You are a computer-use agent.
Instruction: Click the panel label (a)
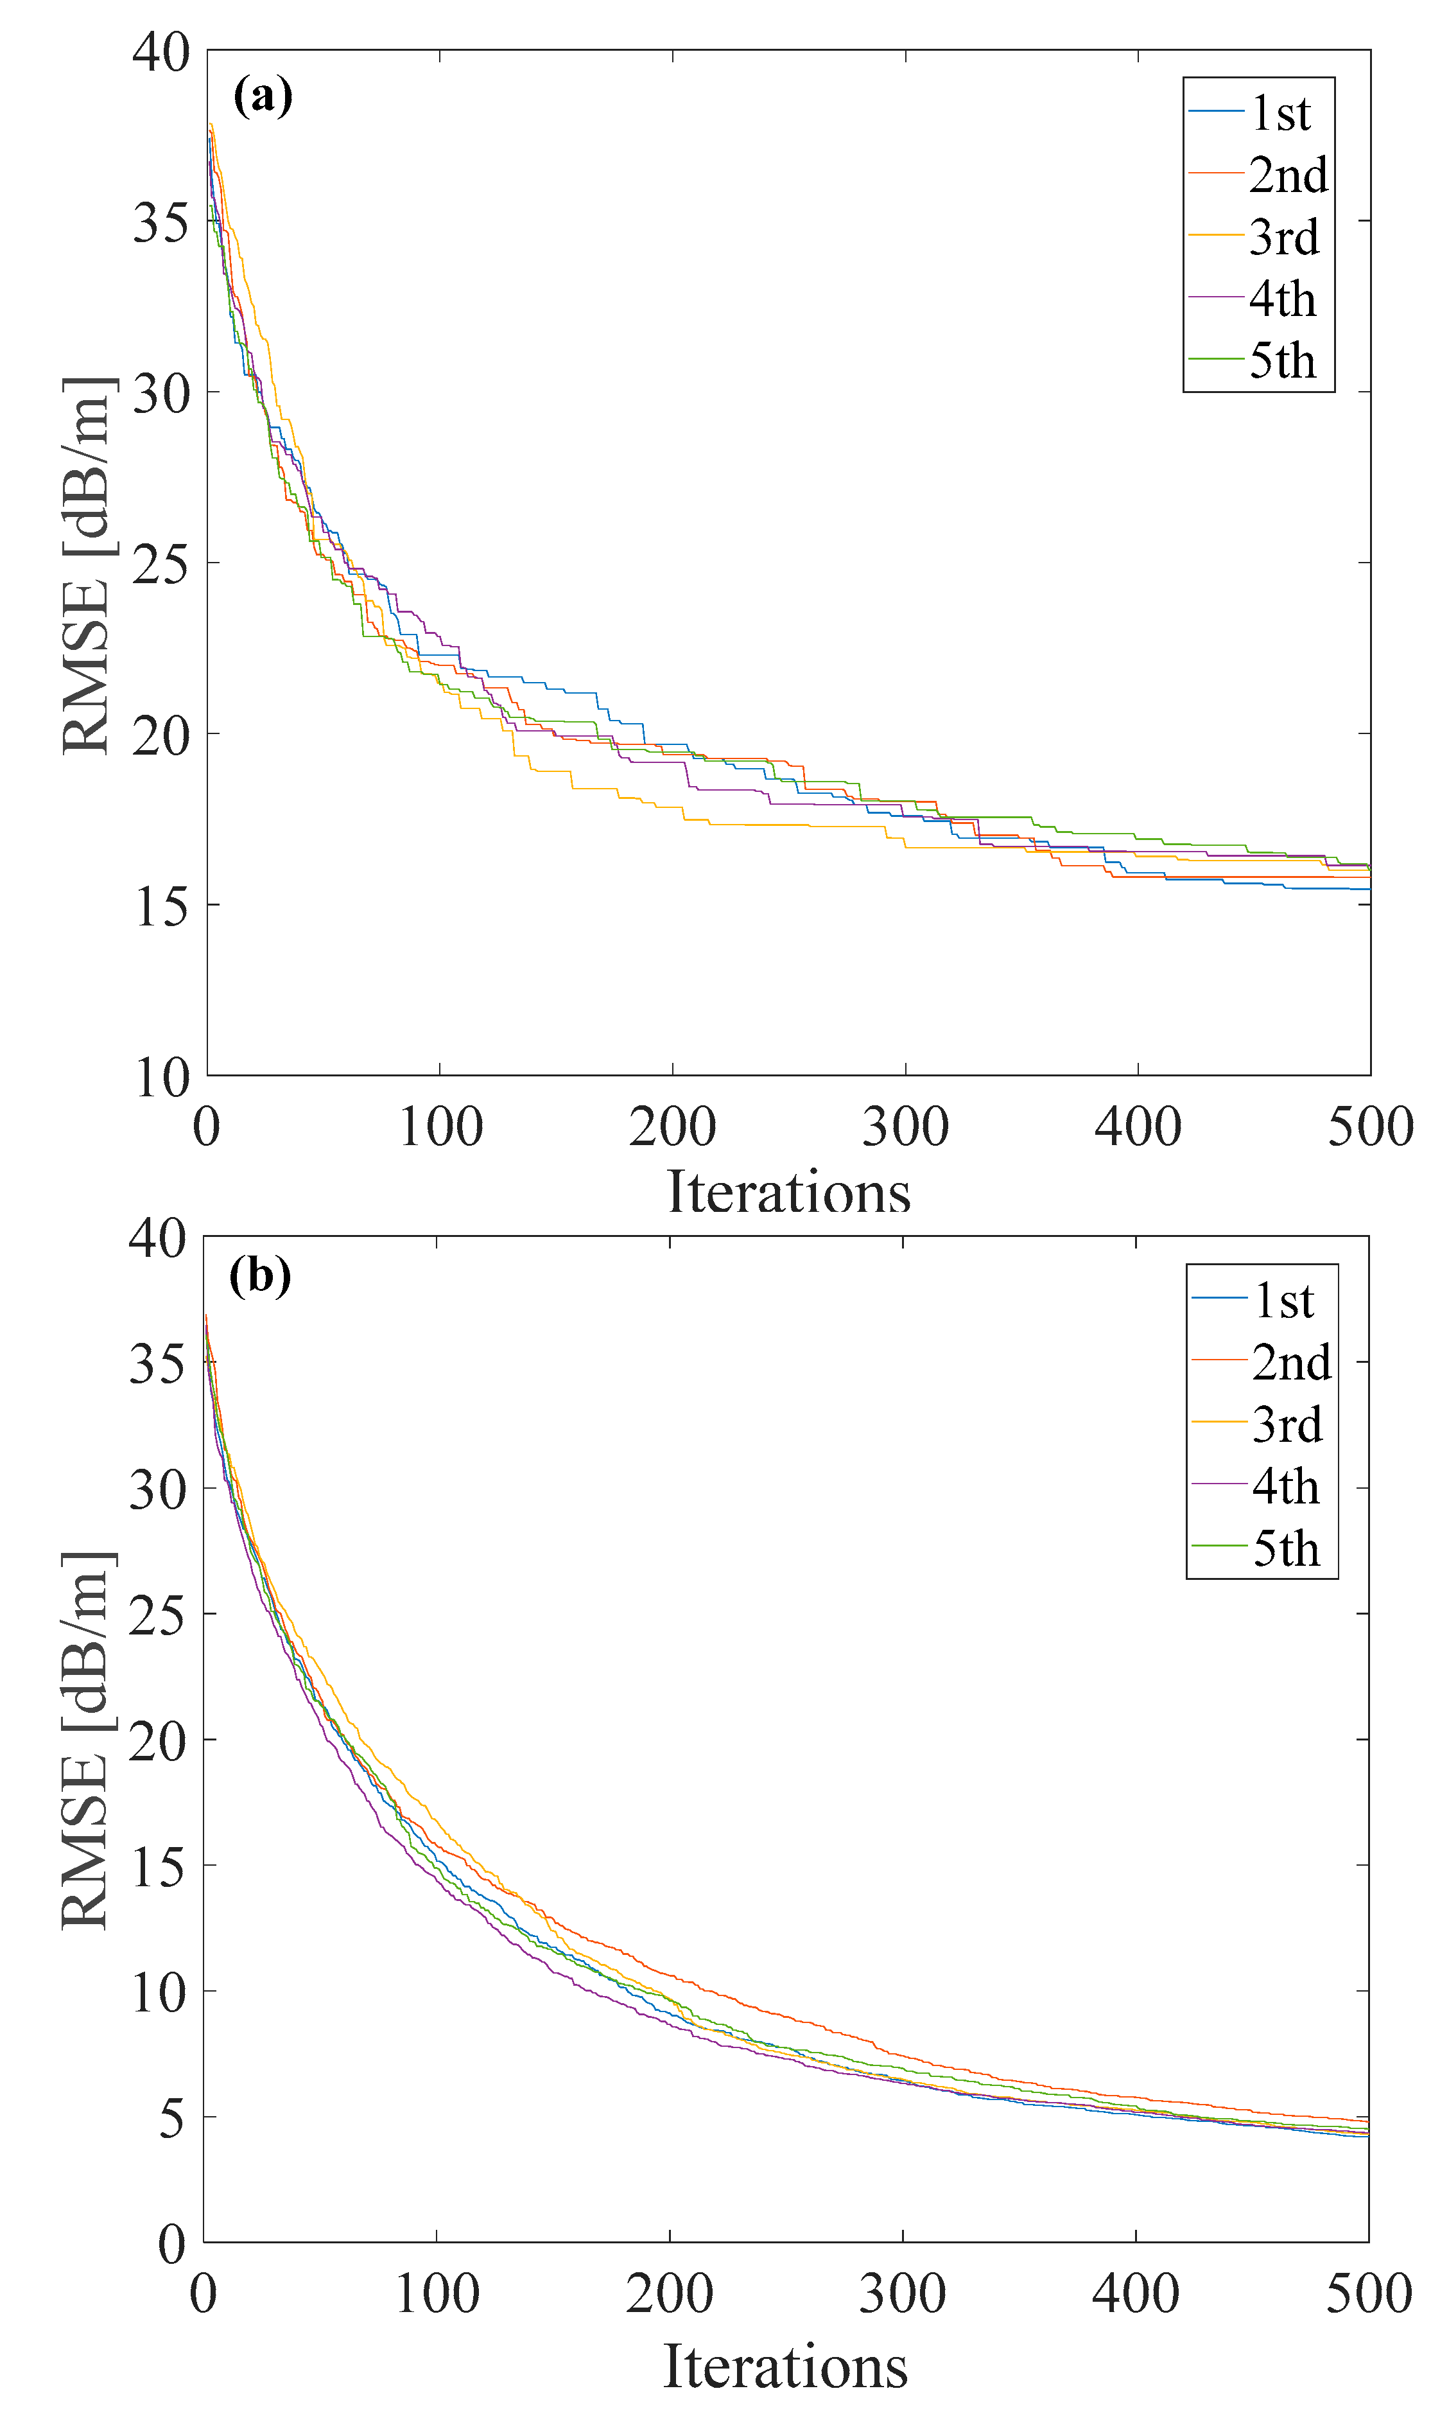[x=262, y=97]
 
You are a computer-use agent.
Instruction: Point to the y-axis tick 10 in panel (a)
[x=161, y=1077]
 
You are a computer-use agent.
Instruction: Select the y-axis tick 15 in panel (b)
[x=157, y=1866]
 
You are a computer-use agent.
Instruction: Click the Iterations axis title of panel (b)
[x=785, y=2366]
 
